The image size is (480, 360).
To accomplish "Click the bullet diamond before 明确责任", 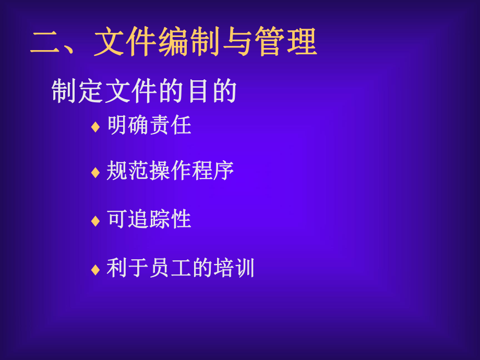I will (95, 127).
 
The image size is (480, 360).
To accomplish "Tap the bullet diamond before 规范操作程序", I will (95, 173).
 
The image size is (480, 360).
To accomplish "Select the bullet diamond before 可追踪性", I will (95, 221).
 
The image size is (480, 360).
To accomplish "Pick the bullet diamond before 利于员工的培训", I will (95, 270).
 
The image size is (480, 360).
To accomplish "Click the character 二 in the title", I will (46, 42).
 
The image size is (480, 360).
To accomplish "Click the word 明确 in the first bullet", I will (128, 125).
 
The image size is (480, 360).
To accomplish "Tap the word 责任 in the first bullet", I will (171, 125).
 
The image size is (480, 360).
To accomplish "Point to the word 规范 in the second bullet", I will (128, 171).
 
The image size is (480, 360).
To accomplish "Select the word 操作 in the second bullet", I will (171, 171).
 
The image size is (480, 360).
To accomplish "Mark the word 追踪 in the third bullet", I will (149, 219).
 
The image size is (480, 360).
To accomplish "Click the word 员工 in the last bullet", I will (171, 268).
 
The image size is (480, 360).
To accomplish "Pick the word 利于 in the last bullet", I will (128, 268).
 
